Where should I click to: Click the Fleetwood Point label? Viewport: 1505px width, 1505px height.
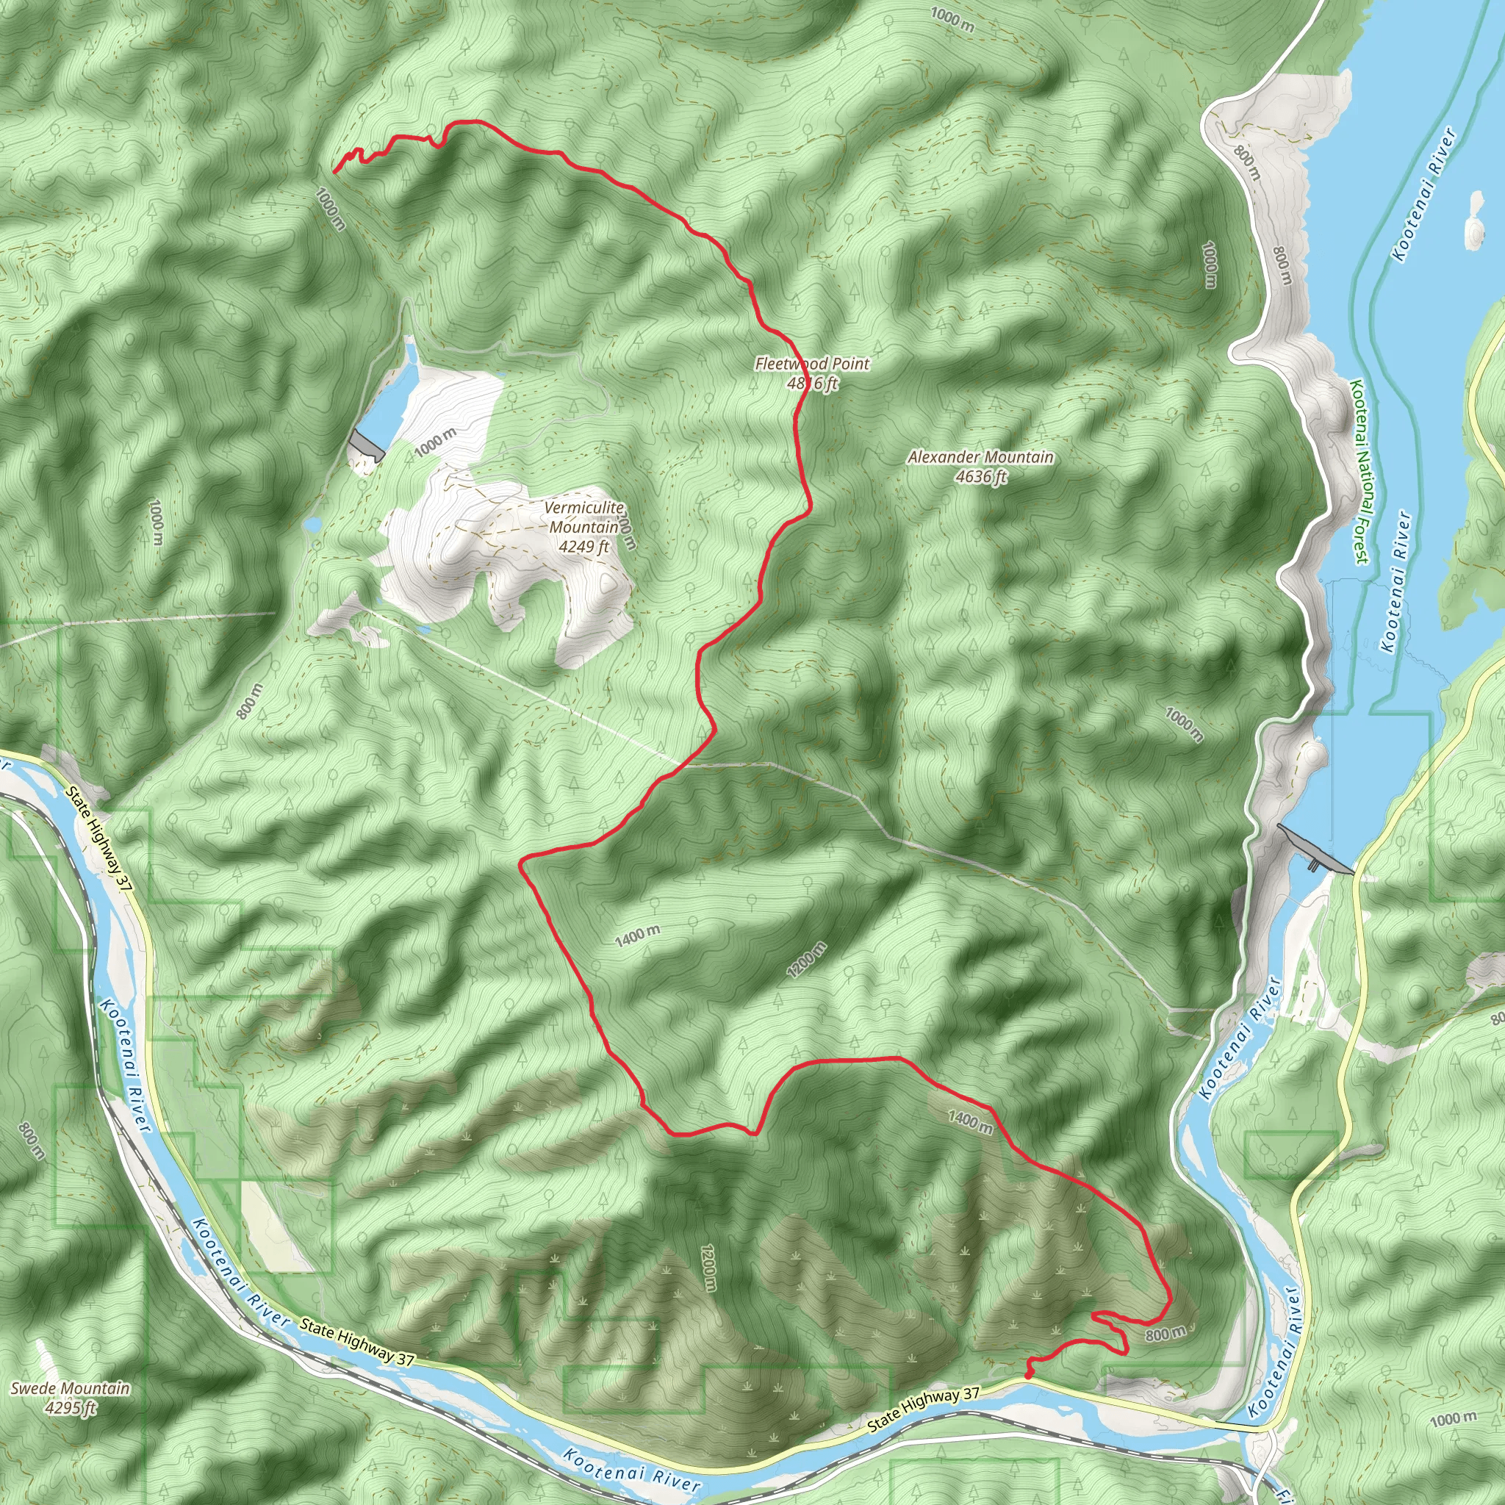click(x=812, y=364)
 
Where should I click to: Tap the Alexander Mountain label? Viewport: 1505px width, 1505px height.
click(x=980, y=457)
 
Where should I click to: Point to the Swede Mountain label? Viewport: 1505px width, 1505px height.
click(x=70, y=1388)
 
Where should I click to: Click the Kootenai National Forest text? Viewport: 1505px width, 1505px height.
click(x=1359, y=471)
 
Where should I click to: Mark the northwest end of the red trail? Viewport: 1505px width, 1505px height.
click(x=335, y=170)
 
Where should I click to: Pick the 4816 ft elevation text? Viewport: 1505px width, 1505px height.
click(x=812, y=384)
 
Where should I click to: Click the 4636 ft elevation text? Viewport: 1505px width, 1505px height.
click(x=982, y=476)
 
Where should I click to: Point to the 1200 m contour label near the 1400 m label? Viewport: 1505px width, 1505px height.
click(x=806, y=960)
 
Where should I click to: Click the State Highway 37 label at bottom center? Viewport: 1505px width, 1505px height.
click(x=923, y=1409)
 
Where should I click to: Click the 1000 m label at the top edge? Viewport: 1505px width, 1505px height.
click(x=952, y=20)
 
